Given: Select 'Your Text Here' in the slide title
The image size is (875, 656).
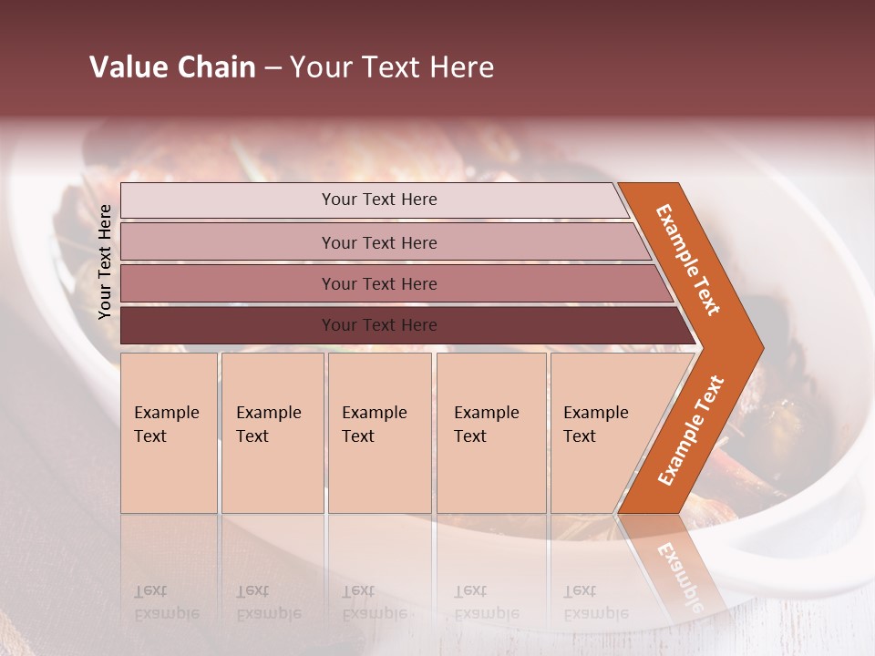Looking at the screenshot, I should click(x=392, y=67).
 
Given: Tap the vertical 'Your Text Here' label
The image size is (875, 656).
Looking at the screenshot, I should click(x=105, y=261).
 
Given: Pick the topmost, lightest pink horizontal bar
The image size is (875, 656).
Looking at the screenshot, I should click(x=378, y=200).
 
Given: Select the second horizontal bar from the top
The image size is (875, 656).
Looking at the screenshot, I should click(x=378, y=242).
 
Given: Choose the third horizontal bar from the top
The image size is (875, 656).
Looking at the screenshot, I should click(x=378, y=283).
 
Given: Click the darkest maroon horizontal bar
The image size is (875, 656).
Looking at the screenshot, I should click(x=378, y=325).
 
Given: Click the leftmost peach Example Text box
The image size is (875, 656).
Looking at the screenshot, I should click(x=169, y=433).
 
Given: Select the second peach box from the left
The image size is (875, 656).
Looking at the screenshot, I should click(x=272, y=433).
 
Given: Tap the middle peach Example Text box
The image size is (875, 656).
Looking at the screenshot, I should click(x=379, y=433).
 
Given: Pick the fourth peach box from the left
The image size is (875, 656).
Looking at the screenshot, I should click(x=490, y=433).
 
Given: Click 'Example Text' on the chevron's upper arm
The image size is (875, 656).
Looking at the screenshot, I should click(x=688, y=260).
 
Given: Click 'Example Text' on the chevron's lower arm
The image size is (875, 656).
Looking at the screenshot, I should click(x=691, y=431).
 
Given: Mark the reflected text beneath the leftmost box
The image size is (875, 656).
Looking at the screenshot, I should click(x=166, y=602).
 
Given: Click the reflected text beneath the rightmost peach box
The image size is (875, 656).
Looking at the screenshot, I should click(x=595, y=602).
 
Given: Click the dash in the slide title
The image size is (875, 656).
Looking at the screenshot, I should click(x=273, y=68).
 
